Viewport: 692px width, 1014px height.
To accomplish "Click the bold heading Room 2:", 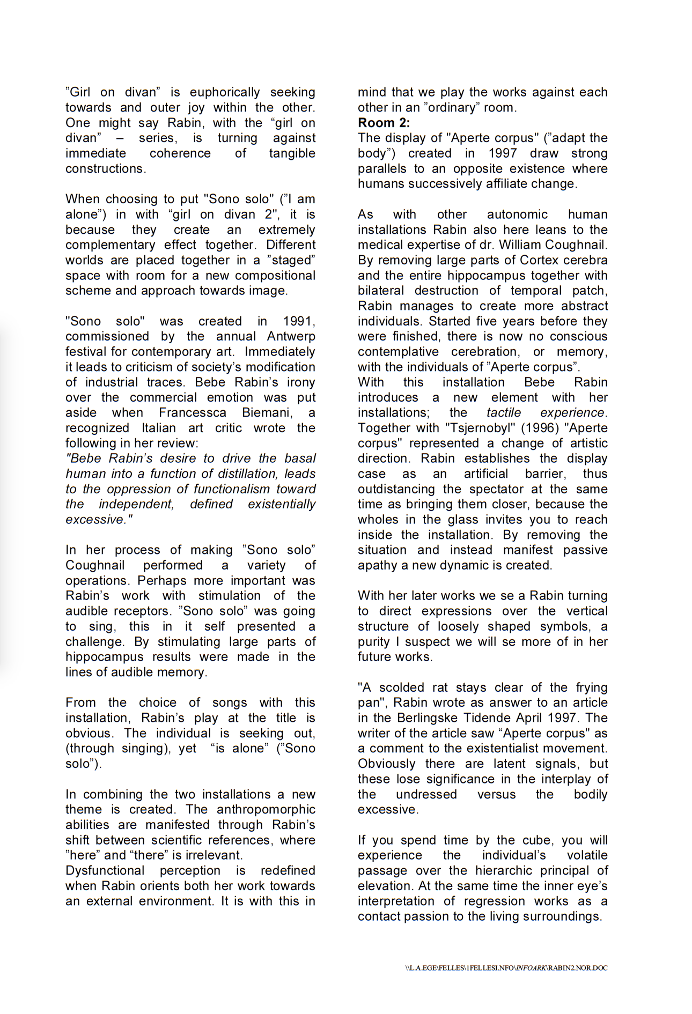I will coord(384,123).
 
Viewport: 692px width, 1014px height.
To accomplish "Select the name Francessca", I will coord(193,413).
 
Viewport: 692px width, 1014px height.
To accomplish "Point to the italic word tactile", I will coord(503,413).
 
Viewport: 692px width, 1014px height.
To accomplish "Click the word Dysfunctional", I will coord(105,871).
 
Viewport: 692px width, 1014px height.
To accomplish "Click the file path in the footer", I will coord(506,968).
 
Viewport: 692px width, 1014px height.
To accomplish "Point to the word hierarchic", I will coord(507,871).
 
